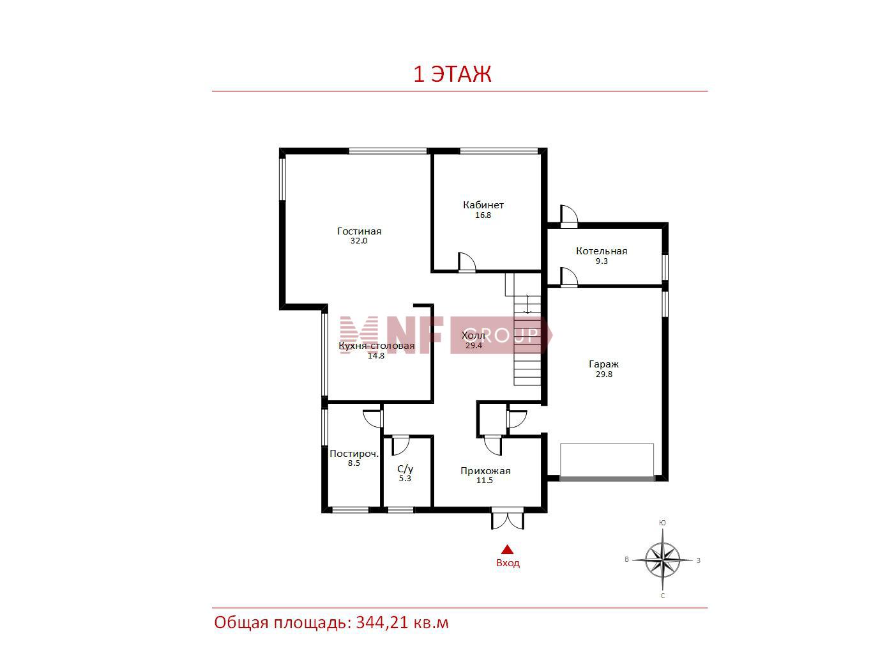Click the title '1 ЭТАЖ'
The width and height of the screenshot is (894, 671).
tap(452, 74)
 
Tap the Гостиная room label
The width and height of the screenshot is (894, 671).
tap(360, 231)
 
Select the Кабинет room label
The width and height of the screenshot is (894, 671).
tap(483, 205)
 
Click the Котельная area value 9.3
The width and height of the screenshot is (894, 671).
tap(602, 261)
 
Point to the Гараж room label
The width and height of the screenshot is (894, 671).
tap(603, 364)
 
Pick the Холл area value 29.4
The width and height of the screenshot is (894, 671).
tap(474, 346)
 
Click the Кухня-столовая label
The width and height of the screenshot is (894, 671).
tap(377, 346)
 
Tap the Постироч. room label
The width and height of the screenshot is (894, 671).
tap(354, 454)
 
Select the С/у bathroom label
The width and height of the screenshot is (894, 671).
tap(405, 469)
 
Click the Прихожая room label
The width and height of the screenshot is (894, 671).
tap(485, 471)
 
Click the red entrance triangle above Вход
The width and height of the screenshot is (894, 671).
tap(507, 550)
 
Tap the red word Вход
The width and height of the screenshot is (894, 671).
tap(508, 563)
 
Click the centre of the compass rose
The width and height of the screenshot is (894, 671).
tap(662, 560)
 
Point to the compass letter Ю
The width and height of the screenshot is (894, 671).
tap(663, 523)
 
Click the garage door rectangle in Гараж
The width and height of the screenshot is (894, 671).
tap(607, 461)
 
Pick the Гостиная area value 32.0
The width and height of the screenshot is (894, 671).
tap(359, 241)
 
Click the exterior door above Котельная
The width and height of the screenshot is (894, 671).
tap(569, 215)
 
